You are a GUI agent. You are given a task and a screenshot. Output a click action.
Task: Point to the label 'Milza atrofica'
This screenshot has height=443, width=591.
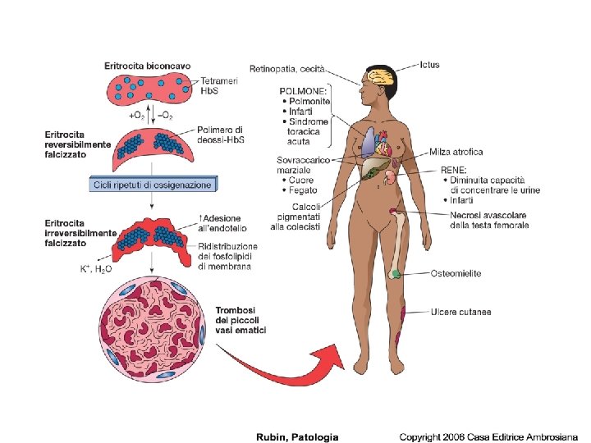(x=456, y=152)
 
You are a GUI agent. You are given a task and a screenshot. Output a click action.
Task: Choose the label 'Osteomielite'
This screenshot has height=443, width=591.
(x=456, y=273)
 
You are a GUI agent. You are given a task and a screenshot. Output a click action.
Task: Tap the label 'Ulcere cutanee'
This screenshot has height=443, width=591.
(x=460, y=312)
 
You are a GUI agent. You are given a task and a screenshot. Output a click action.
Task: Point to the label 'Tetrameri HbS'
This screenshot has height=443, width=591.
(x=218, y=86)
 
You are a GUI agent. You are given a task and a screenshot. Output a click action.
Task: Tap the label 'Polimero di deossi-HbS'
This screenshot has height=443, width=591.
(x=221, y=135)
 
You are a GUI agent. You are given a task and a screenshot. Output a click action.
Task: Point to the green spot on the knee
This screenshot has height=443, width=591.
(x=396, y=272)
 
